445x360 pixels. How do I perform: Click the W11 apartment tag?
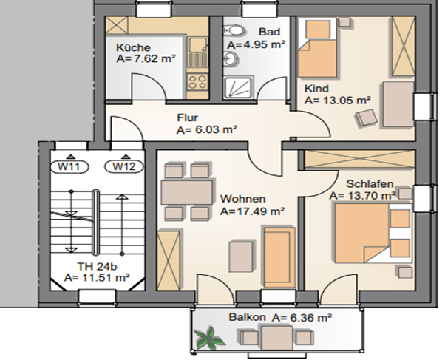(x=69, y=166)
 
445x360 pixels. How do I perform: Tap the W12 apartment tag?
(x=124, y=166)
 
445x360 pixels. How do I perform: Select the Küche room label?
(x=133, y=47)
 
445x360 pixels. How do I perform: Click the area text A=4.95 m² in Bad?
(x=257, y=45)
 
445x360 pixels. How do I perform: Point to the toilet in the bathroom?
(x=234, y=30)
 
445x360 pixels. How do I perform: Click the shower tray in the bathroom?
(x=238, y=87)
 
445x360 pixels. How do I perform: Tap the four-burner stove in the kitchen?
(x=197, y=81)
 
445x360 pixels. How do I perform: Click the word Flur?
(x=187, y=118)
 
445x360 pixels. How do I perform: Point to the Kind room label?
(x=316, y=89)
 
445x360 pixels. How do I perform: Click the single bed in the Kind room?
(x=317, y=47)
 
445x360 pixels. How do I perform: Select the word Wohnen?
(x=243, y=199)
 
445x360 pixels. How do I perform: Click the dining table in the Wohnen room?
(x=187, y=192)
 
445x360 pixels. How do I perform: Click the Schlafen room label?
(x=370, y=184)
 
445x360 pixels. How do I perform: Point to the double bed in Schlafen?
(x=373, y=233)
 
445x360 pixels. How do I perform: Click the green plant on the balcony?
(x=209, y=338)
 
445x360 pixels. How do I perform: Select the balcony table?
(x=277, y=338)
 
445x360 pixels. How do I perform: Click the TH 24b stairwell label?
(x=97, y=266)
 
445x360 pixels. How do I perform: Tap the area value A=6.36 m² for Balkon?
(x=302, y=318)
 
